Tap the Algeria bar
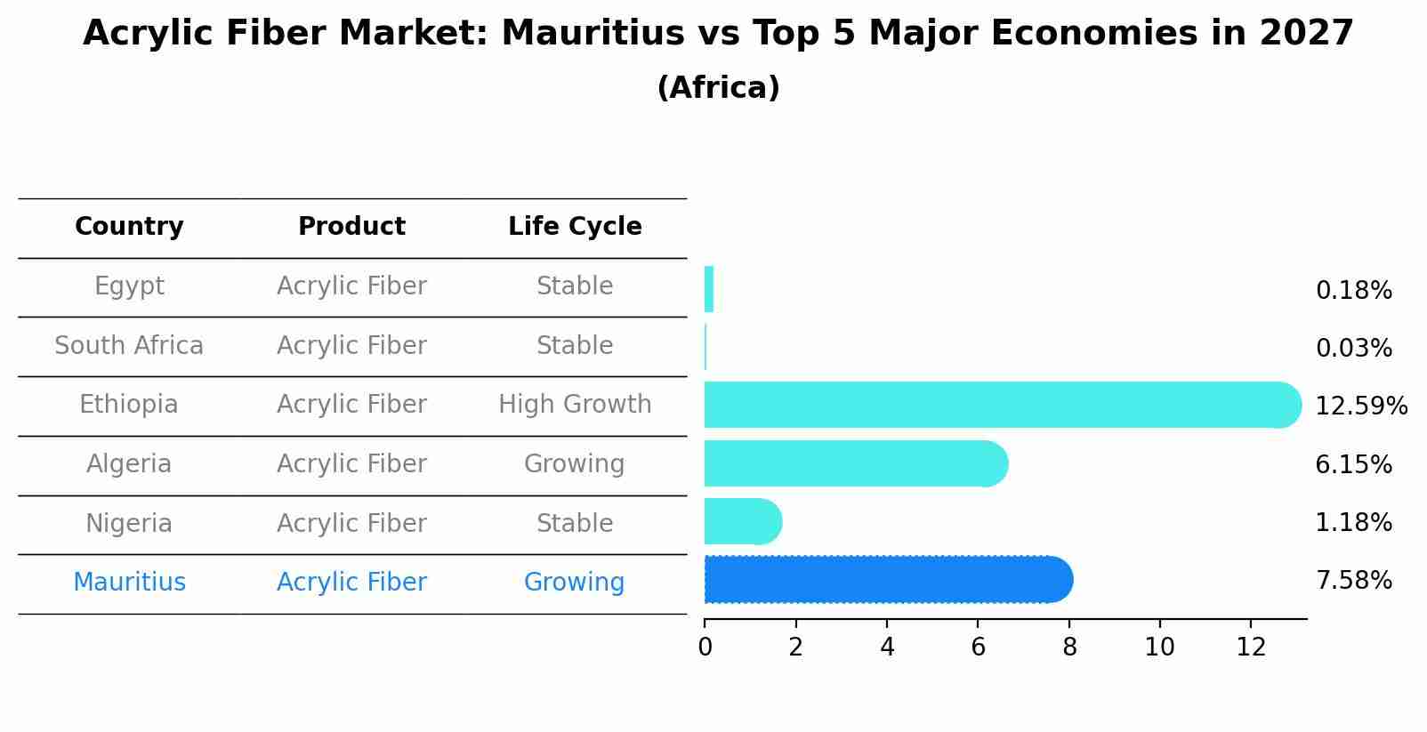(x=855, y=463)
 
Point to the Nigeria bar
(x=742, y=521)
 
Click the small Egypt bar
(x=709, y=289)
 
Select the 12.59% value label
(x=1360, y=406)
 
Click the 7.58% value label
(x=1353, y=581)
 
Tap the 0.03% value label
(x=1353, y=349)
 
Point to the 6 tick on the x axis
(x=978, y=648)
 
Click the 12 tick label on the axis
(x=1251, y=648)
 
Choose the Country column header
(x=129, y=227)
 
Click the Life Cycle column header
(x=575, y=227)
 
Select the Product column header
(x=351, y=227)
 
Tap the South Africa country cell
(x=129, y=346)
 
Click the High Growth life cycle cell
(x=575, y=405)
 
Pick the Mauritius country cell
(x=129, y=583)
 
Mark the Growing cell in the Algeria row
(x=575, y=464)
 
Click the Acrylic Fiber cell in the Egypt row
(x=351, y=286)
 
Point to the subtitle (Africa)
(x=718, y=88)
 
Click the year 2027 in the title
(x=1306, y=34)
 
